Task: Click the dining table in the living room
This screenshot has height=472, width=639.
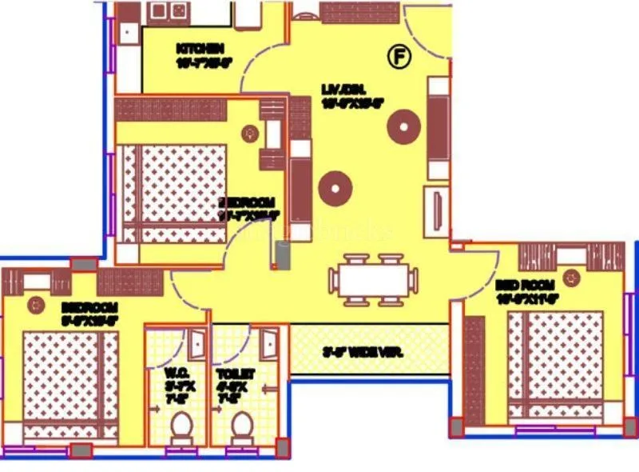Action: [x=373, y=281]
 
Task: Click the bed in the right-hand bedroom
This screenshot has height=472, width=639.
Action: [x=554, y=364]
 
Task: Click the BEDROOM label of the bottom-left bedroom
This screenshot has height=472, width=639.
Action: [x=89, y=307]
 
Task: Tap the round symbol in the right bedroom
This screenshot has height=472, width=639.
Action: [x=570, y=277]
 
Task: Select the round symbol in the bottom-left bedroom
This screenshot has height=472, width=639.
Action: [x=35, y=304]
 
